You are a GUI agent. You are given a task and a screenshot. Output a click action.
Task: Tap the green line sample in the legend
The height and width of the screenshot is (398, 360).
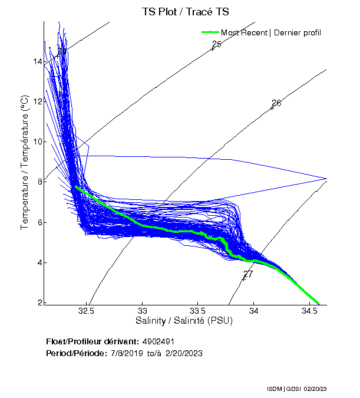point(210,32)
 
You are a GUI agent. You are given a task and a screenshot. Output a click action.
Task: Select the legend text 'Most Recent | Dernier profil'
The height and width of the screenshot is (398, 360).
point(271,32)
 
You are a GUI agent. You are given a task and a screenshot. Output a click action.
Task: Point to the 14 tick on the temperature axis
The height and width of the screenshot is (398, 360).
point(37,61)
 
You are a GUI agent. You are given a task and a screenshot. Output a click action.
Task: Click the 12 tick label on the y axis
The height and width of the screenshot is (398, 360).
point(37,101)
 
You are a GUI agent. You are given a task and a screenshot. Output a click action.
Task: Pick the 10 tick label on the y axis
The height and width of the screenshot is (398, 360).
point(37,142)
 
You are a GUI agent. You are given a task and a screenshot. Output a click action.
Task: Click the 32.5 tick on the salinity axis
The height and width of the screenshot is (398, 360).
point(87,311)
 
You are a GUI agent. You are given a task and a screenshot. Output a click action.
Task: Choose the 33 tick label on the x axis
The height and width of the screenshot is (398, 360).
point(142,311)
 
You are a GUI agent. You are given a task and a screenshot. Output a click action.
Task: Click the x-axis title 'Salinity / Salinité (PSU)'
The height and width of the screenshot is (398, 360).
point(184,321)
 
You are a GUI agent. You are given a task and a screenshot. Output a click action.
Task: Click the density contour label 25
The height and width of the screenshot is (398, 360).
point(216,44)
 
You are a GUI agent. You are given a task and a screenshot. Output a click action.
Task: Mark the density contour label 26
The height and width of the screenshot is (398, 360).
point(276,103)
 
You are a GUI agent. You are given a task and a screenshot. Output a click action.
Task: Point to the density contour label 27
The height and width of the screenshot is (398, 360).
point(248,274)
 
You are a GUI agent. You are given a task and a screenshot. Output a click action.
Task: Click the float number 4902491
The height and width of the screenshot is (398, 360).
point(158,341)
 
